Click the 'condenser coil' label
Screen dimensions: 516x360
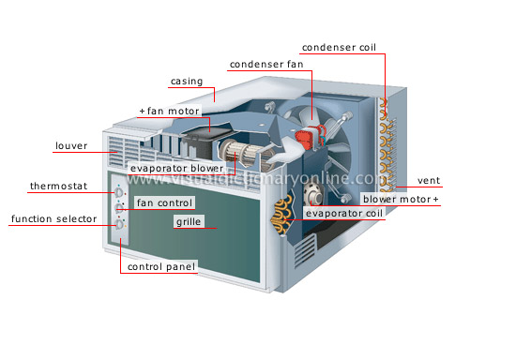point(341,48)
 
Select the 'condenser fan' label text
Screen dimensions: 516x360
point(266,65)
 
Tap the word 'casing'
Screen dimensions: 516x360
point(187,82)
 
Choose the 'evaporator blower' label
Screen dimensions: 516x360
point(177,169)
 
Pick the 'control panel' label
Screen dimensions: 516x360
point(161,267)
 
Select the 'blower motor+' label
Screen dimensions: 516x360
point(401,200)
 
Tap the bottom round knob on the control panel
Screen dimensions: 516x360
point(119,224)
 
